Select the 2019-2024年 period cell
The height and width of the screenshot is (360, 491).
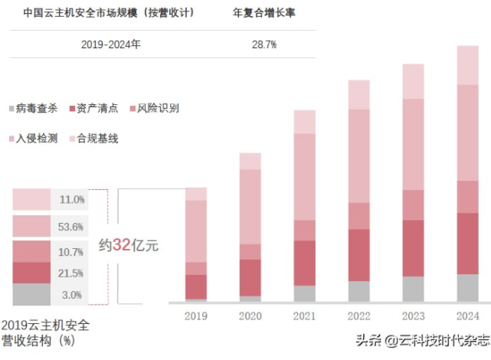pos(111,44)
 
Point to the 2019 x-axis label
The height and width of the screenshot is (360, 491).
pos(196,316)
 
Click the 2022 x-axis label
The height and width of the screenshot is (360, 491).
pos(358,316)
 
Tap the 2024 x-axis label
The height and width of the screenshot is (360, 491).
pos(467,316)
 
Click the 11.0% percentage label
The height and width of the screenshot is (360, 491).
pos(72,200)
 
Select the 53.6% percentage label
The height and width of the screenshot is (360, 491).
pos(72,227)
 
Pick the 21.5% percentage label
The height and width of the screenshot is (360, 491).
pos(72,273)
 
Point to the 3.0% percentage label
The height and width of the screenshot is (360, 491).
pos(72,295)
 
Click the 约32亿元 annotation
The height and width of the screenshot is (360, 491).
pos(129,245)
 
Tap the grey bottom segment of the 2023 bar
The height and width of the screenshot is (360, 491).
pos(413,289)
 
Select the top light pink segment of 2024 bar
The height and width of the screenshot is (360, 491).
pos(467,65)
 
